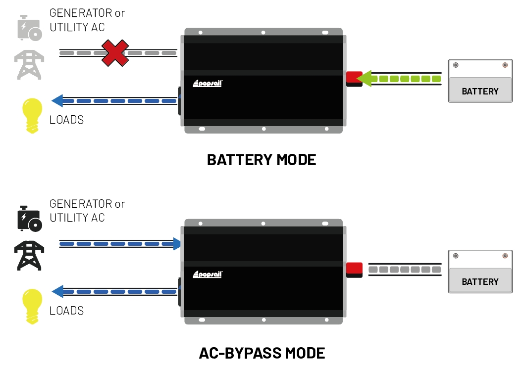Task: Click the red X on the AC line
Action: [x=115, y=53]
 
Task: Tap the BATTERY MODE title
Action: [x=261, y=160]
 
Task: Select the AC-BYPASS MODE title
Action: [x=261, y=353]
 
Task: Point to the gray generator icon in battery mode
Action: [x=29, y=27]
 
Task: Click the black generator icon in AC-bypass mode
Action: [x=29, y=218]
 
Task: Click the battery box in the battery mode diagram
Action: [x=480, y=81]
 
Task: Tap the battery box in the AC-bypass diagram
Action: [x=480, y=272]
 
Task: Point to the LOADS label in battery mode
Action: [x=66, y=120]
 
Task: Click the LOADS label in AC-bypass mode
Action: [x=66, y=311]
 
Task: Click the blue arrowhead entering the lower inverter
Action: [x=176, y=244]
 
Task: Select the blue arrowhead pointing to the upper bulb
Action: [x=57, y=101]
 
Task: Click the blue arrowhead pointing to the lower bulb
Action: [x=57, y=292]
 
